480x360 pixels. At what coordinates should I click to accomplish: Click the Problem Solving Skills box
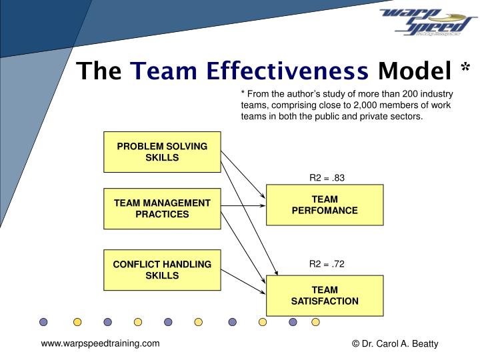(x=162, y=152)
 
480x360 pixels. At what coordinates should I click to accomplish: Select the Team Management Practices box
(x=162, y=209)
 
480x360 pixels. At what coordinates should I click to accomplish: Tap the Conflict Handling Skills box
(x=162, y=269)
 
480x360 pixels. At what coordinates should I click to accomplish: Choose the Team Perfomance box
(x=325, y=205)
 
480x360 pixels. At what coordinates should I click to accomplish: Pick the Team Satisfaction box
(x=325, y=295)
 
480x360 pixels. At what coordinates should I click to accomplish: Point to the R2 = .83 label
(x=327, y=178)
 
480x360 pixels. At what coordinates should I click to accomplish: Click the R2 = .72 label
(x=327, y=264)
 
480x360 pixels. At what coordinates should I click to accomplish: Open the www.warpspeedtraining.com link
(x=101, y=343)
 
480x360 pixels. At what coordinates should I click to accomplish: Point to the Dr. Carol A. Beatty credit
(x=395, y=344)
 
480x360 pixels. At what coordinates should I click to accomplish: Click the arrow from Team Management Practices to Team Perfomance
(x=243, y=205)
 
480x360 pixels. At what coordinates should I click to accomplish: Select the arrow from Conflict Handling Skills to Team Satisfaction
(x=243, y=280)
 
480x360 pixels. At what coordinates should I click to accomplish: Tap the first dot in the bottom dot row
(x=43, y=322)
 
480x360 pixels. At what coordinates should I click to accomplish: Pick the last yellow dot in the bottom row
(x=315, y=322)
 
